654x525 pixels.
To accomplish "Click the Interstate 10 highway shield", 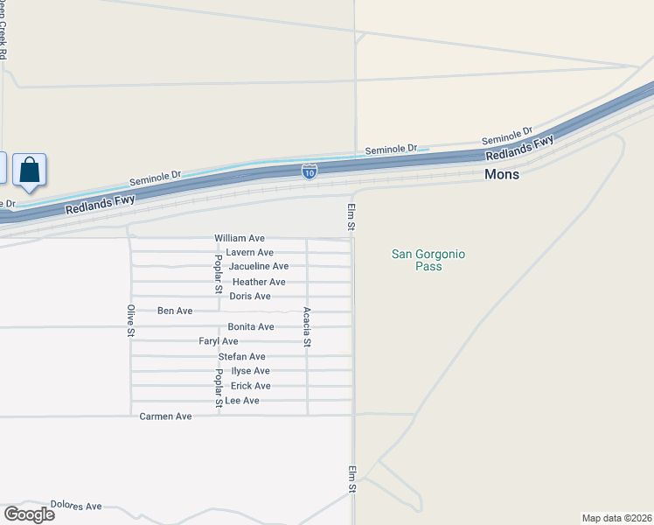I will (310, 171).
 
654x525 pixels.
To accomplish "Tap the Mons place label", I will (502, 174).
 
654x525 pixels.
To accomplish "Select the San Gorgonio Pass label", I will (428, 260).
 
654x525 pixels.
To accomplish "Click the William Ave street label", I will (240, 238).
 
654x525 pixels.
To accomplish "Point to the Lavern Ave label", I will (249, 252).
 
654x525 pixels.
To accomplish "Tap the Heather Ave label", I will (259, 282).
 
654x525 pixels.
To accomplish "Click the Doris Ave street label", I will (250, 297).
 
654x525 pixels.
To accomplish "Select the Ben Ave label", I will (175, 311).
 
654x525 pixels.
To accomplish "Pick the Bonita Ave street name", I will (251, 327).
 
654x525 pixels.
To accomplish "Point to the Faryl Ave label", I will (219, 341).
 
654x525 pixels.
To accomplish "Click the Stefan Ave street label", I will (241, 357).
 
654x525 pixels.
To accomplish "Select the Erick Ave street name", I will (250, 386).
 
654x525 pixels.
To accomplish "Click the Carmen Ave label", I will (165, 416).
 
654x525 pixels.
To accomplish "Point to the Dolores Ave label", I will (76, 506).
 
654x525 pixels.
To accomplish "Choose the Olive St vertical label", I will (130, 321).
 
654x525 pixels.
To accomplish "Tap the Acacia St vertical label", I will (307, 327).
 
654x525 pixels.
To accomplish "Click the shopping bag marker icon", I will (29, 170).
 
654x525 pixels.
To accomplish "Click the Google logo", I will (29, 514).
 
